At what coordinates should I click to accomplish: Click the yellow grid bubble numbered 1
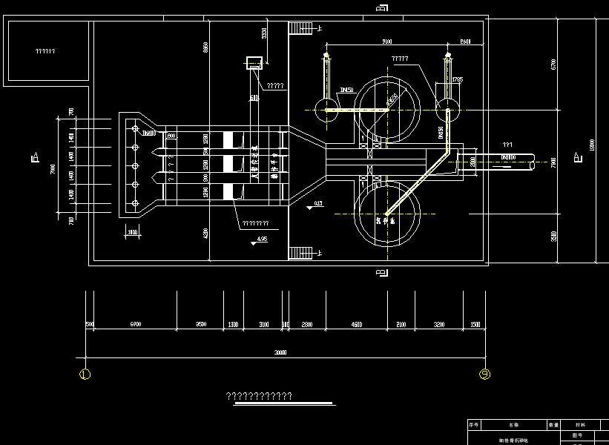(x=85, y=375)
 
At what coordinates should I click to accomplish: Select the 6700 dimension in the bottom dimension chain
(x=135, y=325)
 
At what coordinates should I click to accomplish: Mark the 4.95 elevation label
(x=261, y=239)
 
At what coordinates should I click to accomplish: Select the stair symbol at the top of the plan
(x=301, y=27)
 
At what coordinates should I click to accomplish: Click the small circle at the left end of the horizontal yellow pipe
(x=326, y=111)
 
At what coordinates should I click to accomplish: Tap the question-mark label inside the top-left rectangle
(x=45, y=51)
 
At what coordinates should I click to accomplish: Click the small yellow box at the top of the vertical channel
(x=254, y=62)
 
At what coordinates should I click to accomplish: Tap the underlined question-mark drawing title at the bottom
(x=259, y=396)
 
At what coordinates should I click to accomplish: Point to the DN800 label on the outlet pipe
(x=508, y=157)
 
